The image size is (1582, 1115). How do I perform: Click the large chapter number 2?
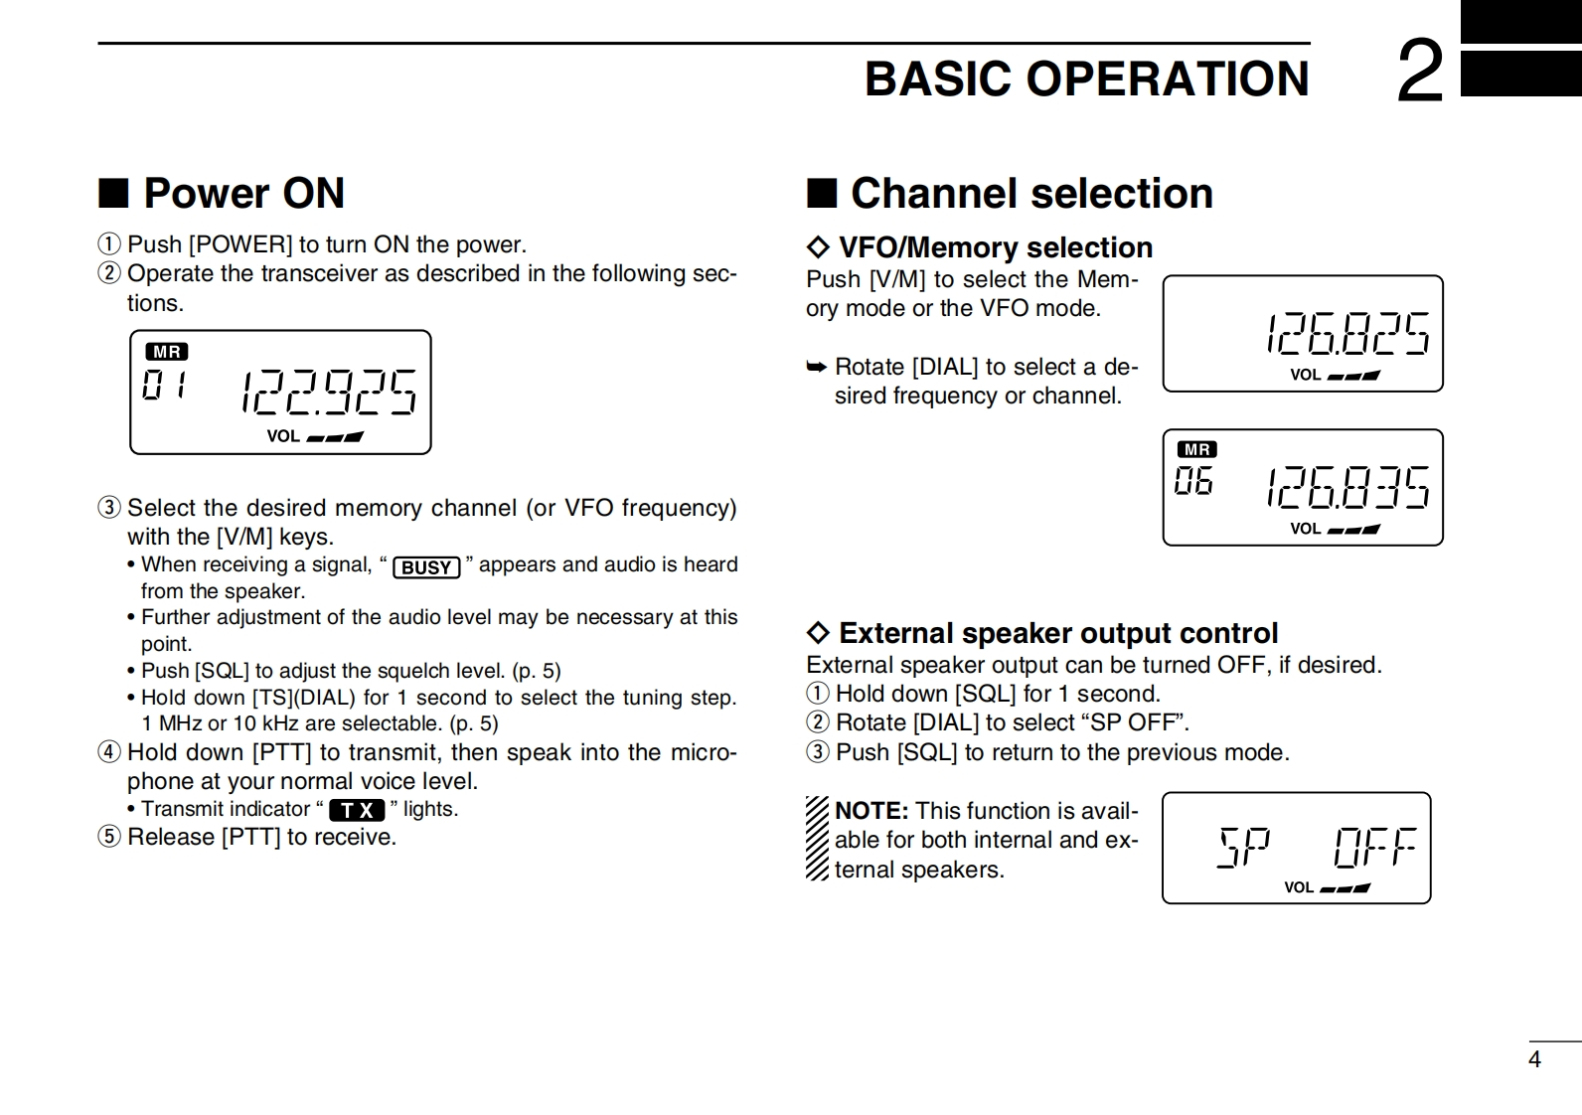[1420, 72]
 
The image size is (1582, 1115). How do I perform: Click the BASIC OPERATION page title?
[1086, 79]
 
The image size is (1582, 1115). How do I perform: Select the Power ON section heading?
[243, 193]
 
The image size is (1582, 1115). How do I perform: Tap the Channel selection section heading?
[1031, 193]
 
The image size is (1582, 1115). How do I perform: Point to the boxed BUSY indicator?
[426, 567]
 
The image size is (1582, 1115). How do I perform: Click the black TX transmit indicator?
[357, 810]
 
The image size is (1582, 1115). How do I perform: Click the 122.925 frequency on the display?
[329, 392]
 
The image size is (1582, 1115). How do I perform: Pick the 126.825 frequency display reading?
[1347, 333]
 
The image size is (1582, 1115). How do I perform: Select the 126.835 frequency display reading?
[1347, 487]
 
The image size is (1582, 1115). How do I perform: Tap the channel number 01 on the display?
[164, 385]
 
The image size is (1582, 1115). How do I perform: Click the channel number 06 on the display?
[1193, 482]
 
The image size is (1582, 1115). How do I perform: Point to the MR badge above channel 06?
[1196, 450]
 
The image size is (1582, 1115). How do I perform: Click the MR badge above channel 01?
[167, 352]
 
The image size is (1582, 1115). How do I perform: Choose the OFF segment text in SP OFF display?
[1374, 847]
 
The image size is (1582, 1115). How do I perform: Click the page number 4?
[1534, 1059]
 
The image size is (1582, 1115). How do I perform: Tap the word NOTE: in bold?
[871, 811]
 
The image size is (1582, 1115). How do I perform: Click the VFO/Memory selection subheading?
[995, 247]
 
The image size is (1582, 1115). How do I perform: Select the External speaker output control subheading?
[1057, 633]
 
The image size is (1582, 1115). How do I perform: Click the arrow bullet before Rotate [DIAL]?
[816, 368]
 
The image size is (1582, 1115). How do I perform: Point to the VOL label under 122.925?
[283, 436]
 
